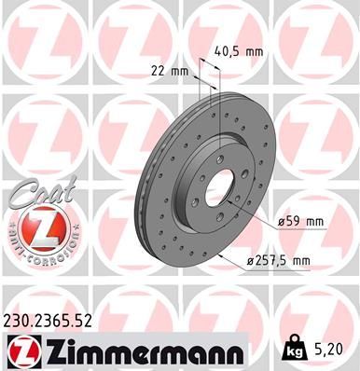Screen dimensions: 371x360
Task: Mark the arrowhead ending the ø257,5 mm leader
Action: (218, 256)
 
